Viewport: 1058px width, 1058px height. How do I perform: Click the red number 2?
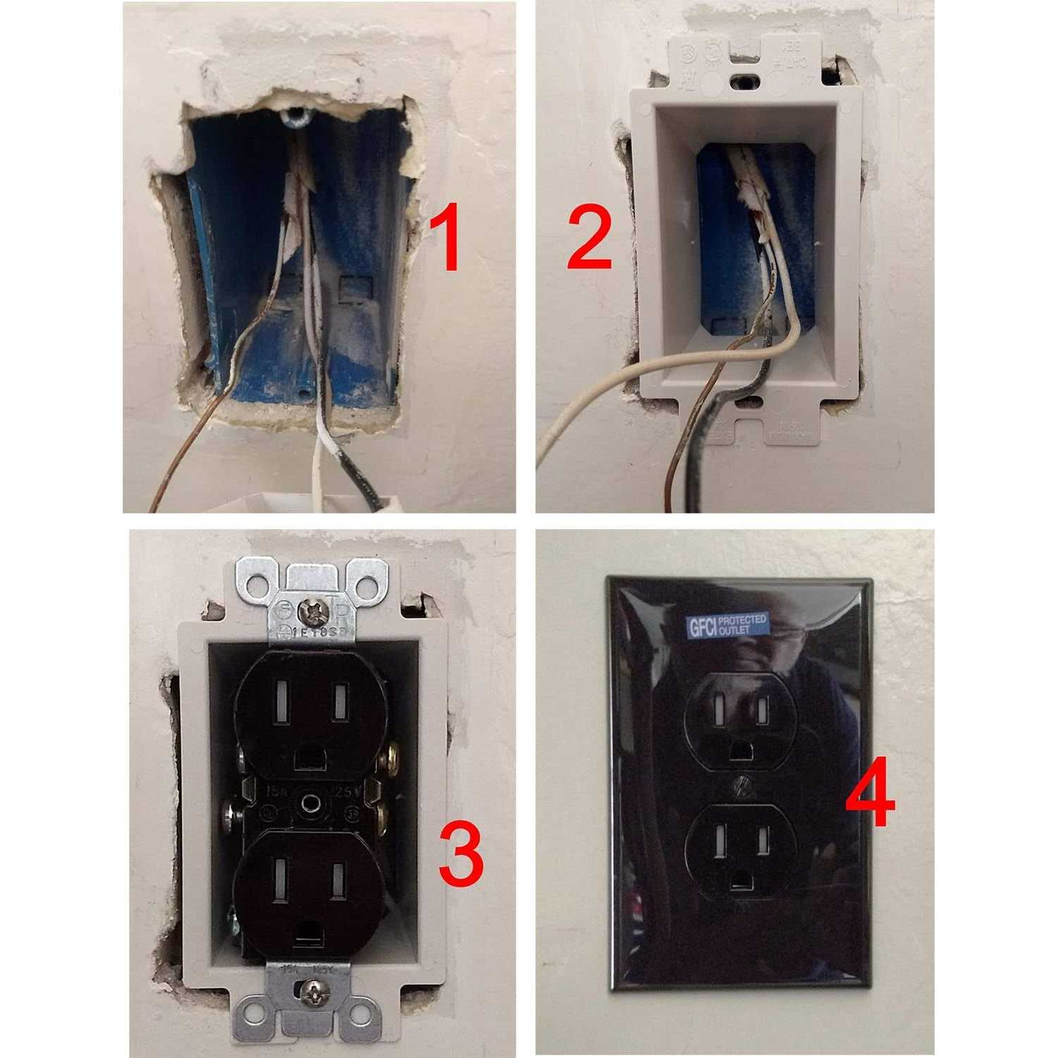tap(590, 240)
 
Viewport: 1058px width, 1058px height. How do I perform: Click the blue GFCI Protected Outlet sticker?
tap(727, 626)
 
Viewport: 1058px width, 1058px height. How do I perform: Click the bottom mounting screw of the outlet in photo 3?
tap(311, 995)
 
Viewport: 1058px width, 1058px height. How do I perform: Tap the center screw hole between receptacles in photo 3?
tap(308, 802)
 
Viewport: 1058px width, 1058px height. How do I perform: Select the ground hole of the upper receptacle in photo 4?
tap(741, 749)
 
